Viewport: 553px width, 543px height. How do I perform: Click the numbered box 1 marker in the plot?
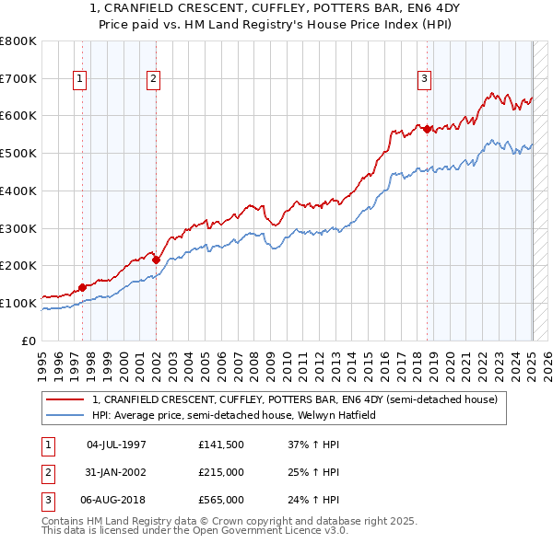[81, 80]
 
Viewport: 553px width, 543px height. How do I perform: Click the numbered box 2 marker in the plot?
[152, 80]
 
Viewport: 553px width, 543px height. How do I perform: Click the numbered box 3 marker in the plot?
[424, 80]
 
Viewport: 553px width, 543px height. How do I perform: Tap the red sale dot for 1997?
[83, 287]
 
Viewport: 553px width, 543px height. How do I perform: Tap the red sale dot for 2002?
[157, 260]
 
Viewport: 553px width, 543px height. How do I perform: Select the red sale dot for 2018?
[428, 129]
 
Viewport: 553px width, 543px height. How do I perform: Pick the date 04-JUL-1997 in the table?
[116, 445]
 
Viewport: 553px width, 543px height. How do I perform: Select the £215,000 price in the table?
[220, 472]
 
